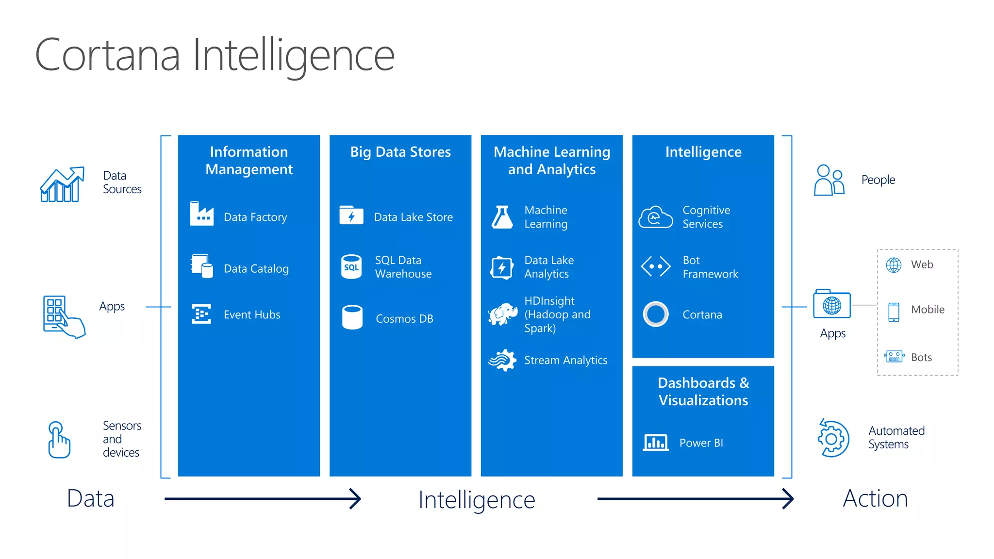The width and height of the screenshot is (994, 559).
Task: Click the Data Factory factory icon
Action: (201, 214)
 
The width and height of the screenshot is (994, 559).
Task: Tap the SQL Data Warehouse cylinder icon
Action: (351, 266)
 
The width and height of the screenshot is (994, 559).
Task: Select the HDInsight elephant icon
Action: (503, 314)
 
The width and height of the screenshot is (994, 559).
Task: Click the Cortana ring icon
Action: (655, 314)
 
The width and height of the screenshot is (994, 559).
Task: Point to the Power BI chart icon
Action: (655, 442)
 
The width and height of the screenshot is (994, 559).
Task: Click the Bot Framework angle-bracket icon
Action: (655, 266)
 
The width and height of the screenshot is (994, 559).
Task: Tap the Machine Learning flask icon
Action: (502, 217)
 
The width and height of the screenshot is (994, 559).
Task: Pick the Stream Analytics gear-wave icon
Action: (502, 360)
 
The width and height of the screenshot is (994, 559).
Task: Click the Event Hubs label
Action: (252, 314)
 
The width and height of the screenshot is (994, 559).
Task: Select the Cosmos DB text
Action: (404, 319)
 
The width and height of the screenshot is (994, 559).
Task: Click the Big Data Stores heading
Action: (400, 152)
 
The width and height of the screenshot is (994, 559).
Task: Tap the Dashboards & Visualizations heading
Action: (703, 392)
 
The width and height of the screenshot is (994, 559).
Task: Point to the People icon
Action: (829, 180)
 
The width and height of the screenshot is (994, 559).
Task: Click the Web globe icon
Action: (894, 265)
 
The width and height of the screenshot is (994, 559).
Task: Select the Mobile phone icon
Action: (894, 312)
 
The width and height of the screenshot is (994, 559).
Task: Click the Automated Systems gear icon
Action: (833, 438)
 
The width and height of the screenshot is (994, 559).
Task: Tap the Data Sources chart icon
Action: (62, 184)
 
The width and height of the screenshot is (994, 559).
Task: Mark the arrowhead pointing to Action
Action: (789, 498)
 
